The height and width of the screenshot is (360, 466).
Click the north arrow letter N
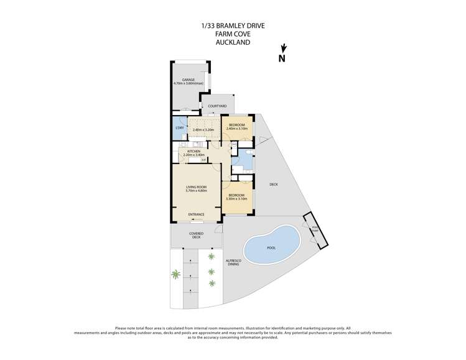(282, 59)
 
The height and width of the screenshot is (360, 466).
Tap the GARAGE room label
(189, 80)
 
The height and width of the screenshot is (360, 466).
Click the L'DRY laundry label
(179, 128)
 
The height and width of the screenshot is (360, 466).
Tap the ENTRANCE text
(197, 215)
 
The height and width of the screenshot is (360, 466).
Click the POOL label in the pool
(271, 247)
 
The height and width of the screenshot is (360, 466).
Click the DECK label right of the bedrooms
(273, 185)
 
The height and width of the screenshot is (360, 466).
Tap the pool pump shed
(315, 231)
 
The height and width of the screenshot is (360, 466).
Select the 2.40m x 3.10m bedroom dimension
(237, 129)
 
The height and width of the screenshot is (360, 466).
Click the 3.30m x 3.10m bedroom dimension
(236, 198)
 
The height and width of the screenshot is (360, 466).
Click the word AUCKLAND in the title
(233, 43)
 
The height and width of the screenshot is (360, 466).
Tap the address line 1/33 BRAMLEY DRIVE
(233, 25)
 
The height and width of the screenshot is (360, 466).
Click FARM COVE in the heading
(233, 34)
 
